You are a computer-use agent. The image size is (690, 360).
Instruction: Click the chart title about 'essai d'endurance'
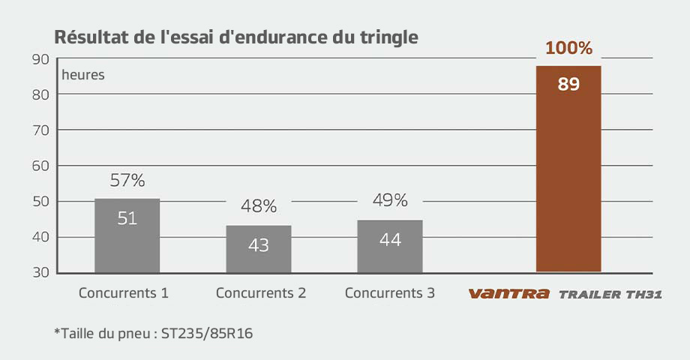pos(235,37)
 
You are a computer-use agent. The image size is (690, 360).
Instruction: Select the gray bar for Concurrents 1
pos(127,235)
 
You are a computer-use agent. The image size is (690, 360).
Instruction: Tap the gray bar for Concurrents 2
pos(259,249)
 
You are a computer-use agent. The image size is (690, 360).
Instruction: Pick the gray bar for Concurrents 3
pos(390,246)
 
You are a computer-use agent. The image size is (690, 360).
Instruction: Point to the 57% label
pos(127,181)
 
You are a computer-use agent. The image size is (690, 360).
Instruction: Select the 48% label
pos(259,206)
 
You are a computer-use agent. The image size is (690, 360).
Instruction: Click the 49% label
pos(390,200)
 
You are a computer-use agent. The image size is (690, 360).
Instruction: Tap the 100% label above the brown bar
pos(568,49)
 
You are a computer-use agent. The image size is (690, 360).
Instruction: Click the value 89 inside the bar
pos(568,84)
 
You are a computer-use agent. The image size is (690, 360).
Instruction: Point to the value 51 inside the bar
pos(127,219)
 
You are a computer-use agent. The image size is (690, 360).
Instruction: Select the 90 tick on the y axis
pos(40,59)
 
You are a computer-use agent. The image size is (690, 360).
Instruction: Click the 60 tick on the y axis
pos(40,166)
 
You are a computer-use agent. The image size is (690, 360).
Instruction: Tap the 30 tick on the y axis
pos(40,272)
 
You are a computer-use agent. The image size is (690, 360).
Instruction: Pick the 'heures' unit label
pos(82,75)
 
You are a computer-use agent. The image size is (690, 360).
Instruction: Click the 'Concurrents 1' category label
pos(123,293)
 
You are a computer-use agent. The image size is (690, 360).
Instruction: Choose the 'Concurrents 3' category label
pos(389,293)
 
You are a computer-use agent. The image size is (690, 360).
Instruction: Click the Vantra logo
pos(509,294)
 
